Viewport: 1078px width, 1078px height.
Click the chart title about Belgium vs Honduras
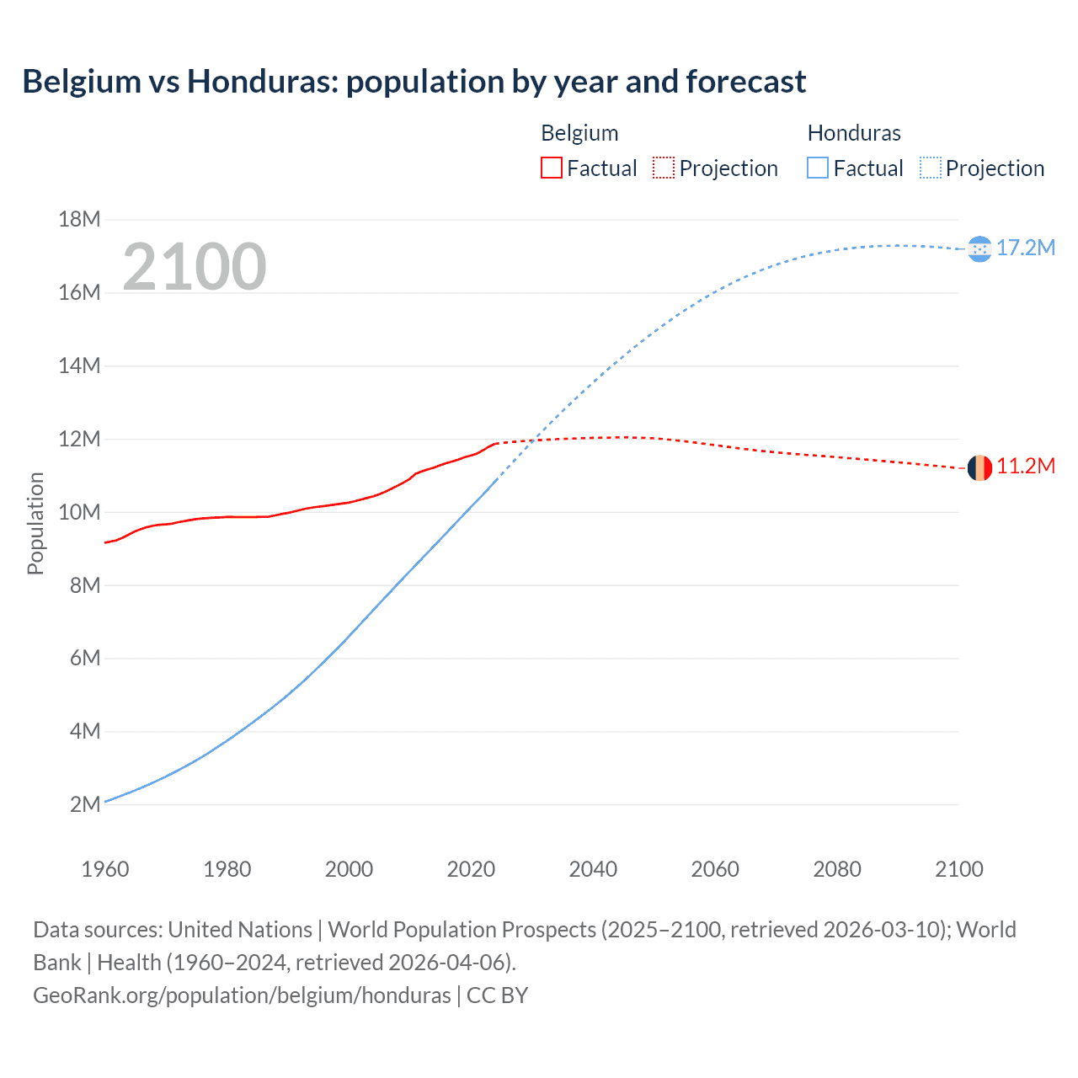414,82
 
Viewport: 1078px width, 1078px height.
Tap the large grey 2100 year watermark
195,267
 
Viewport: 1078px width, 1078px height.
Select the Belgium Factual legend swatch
551,168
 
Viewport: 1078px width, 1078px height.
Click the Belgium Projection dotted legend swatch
664,168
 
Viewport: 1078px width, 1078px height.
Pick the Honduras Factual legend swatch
818,168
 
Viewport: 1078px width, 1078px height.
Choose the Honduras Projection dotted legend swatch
930,168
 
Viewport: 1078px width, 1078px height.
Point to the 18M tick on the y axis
79,220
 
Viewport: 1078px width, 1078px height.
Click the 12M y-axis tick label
79,439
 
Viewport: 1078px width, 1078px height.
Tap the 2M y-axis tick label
84,804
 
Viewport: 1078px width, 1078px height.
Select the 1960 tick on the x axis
105,869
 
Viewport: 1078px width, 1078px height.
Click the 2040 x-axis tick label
593,869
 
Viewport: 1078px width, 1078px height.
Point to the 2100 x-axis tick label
958,869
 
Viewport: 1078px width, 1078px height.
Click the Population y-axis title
35,523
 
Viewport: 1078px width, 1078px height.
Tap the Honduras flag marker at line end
979,248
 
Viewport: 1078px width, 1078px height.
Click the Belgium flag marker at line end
979,467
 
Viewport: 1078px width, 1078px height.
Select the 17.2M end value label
1025,248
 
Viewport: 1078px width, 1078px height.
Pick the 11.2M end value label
1025,467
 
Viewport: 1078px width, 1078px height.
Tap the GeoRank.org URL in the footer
242,995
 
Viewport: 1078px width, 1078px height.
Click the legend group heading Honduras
854,133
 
